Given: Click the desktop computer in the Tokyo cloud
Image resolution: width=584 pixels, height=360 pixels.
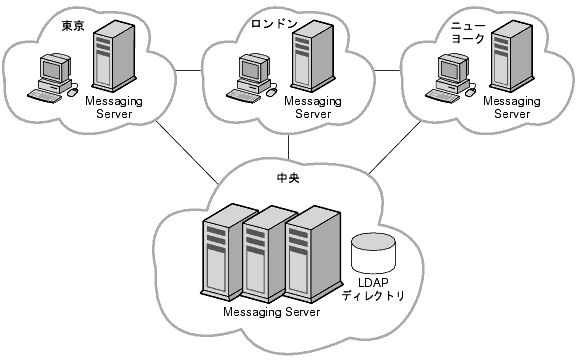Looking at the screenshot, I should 53,78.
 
